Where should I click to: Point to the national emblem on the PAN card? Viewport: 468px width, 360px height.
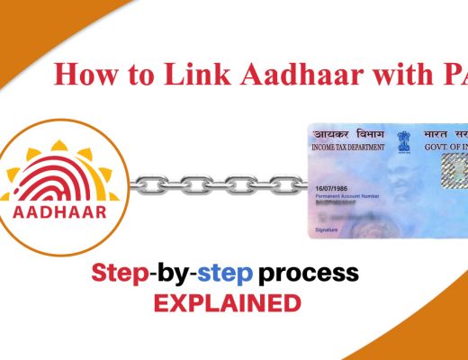click(x=401, y=141)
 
